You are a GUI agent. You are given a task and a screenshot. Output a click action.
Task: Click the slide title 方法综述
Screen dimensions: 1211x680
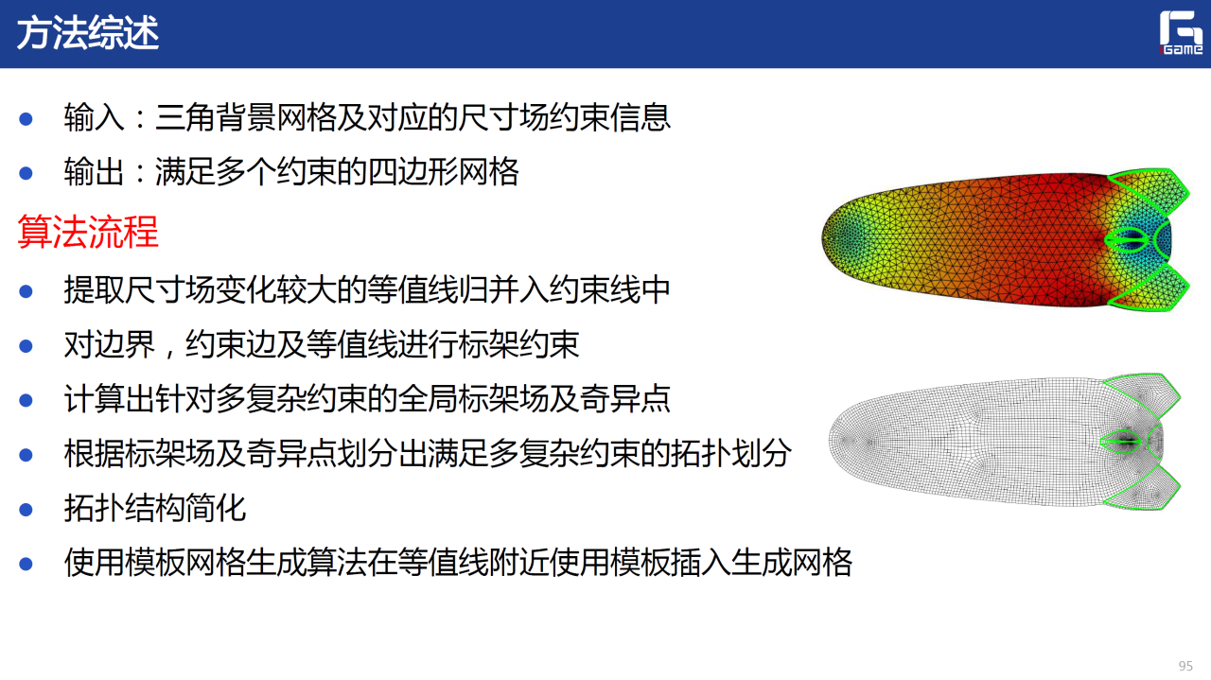click(x=88, y=33)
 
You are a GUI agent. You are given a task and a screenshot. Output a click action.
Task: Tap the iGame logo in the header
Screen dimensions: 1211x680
click(x=1181, y=33)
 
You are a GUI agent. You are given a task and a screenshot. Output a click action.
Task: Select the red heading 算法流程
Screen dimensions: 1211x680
click(x=88, y=232)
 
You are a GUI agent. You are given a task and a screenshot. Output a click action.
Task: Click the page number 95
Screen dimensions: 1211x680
click(x=1185, y=666)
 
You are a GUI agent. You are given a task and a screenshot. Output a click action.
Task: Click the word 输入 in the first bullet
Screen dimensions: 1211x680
click(x=94, y=117)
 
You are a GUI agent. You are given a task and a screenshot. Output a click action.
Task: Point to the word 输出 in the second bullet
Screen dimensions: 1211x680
click(x=94, y=172)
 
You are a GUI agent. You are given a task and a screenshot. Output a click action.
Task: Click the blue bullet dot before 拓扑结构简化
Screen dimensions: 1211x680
click(x=26, y=509)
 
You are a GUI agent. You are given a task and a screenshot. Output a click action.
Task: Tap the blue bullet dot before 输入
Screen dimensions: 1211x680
click(x=26, y=119)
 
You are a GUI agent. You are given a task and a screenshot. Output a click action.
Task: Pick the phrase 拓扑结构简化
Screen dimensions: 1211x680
click(x=155, y=508)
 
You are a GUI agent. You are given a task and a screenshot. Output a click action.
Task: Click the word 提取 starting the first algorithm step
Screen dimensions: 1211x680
click(x=94, y=290)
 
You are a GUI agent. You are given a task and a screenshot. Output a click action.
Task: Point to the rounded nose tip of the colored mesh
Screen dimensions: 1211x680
click(x=823, y=238)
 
